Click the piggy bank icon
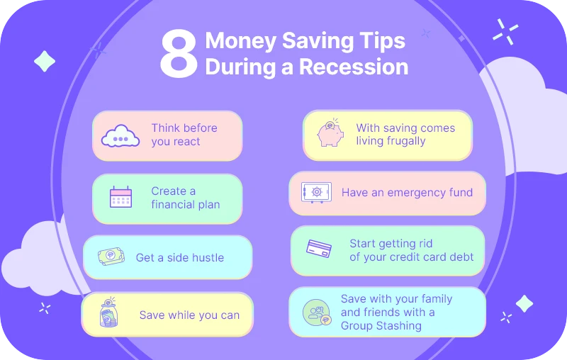330,134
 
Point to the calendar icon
121,197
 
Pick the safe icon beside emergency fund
316,192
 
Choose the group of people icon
317,313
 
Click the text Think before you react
184,135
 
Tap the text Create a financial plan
185,198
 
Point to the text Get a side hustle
179,257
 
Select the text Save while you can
189,315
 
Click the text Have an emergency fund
407,192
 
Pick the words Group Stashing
381,326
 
